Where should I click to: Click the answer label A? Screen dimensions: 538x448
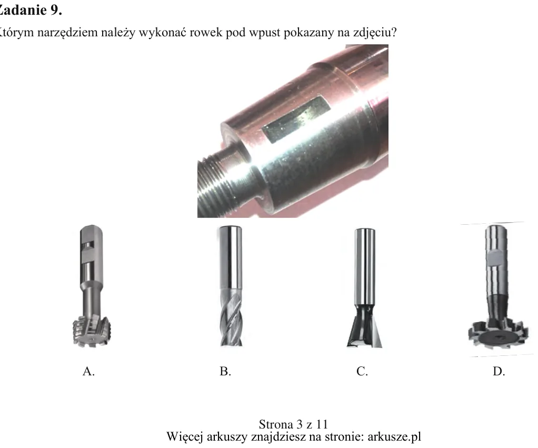point(88,371)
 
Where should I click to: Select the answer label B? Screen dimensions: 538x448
point(225,371)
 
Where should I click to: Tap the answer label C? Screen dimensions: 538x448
point(362,371)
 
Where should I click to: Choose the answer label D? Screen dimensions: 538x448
point(499,371)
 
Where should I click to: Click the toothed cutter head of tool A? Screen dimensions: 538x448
point(92,332)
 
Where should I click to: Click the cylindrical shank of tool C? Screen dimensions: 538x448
point(364,267)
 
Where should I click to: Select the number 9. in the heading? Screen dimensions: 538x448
point(56,10)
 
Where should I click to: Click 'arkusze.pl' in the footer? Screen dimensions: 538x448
point(394,436)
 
